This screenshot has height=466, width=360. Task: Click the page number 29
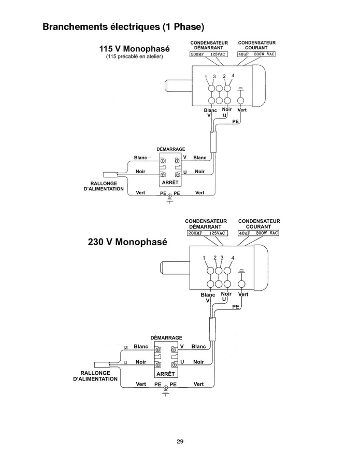pyautogui.click(x=180, y=441)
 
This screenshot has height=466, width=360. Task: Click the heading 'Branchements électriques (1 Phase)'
pyautogui.click(x=124, y=27)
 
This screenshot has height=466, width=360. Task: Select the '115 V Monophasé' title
pyautogui.click(x=134, y=48)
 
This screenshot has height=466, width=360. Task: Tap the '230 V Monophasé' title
pyautogui.click(x=127, y=242)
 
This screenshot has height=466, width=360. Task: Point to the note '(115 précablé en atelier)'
pyautogui.click(x=134, y=57)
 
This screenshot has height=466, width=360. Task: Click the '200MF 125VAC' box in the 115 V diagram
pyautogui.click(x=209, y=54)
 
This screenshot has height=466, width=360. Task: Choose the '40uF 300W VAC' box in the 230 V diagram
pyautogui.click(x=258, y=233)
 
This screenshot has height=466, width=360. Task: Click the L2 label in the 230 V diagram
pyautogui.click(x=125, y=347)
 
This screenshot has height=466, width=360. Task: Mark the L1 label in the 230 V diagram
pyautogui.click(x=125, y=362)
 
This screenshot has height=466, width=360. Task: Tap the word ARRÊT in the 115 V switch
pyautogui.click(x=170, y=182)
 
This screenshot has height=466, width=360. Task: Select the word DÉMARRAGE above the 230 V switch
pyautogui.click(x=166, y=337)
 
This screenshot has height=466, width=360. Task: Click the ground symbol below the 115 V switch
pyautogui.click(x=169, y=199)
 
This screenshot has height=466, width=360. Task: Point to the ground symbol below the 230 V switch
pyautogui.click(x=166, y=391)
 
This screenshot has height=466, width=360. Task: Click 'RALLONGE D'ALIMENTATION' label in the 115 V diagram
pyautogui.click(x=104, y=186)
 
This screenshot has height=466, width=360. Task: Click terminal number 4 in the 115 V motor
pyautogui.click(x=233, y=76)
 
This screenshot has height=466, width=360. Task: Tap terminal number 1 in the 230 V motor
pyautogui.click(x=204, y=258)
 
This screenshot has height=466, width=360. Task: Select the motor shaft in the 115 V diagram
pyautogui.click(x=178, y=86)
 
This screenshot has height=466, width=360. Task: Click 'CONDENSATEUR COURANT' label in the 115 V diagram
pyautogui.click(x=256, y=45)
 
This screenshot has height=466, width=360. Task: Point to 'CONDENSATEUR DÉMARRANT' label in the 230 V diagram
pyautogui.click(x=206, y=224)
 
